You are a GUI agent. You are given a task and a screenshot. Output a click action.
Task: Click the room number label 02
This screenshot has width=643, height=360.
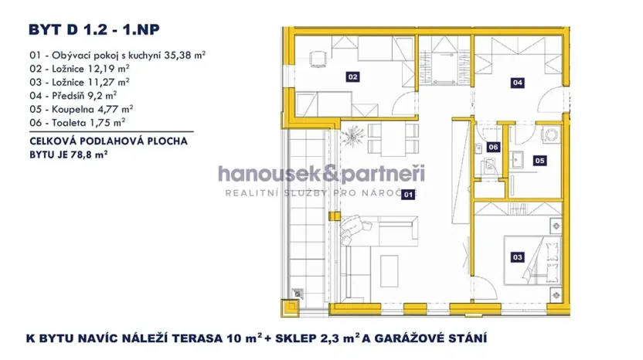(352, 77)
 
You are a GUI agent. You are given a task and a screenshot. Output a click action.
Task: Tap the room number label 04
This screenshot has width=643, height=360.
(517, 81)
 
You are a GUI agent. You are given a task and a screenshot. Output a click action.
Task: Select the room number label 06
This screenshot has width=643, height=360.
(493, 147)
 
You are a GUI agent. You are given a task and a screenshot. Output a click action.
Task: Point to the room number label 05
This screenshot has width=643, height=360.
(539, 161)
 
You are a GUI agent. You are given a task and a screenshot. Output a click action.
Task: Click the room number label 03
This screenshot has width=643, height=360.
(517, 257)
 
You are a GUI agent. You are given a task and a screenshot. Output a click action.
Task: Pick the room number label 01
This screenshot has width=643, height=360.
(407, 196)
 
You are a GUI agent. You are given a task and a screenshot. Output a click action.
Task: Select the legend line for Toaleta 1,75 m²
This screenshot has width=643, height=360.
(77, 122)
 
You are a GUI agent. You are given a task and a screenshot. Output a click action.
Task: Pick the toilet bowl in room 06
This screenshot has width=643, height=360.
(488, 165)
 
